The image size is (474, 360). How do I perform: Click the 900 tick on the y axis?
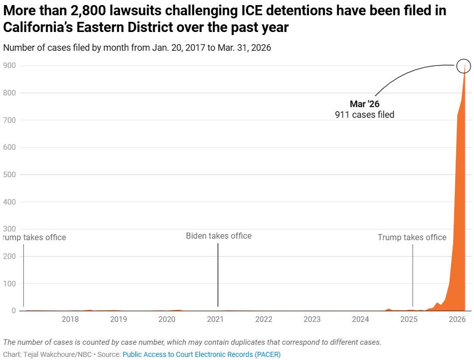click(x=10, y=66)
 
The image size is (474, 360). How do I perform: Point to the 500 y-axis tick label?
click(x=10, y=175)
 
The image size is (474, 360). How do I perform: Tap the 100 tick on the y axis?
click(x=10, y=283)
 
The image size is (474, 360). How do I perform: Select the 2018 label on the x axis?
click(x=70, y=319)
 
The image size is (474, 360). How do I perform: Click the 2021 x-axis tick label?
click(x=215, y=319)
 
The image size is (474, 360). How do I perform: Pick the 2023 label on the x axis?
click(x=312, y=319)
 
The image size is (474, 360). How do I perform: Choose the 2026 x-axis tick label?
click(x=457, y=319)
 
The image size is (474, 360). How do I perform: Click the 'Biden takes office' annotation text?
click(x=218, y=236)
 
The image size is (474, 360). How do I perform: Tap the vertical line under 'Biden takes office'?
click(x=218, y=274)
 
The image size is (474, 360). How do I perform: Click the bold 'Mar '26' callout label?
click(x=364, y=104)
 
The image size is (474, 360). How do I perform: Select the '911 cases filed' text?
click(x=364, y=115)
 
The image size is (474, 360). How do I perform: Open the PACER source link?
click(x=201, y=354)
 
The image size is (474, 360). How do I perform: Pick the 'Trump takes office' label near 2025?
click(x=412, y=237)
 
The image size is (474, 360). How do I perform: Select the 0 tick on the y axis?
click(x=14, y=311)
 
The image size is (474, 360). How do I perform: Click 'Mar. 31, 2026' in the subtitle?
click(x=244, y=48)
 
